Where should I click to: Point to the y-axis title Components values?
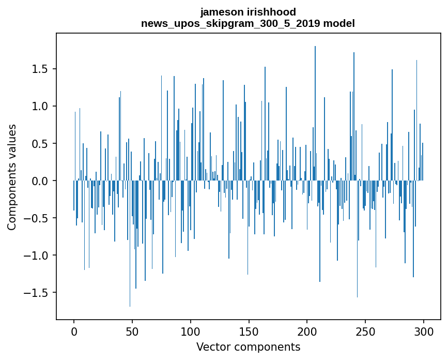click(12, 177)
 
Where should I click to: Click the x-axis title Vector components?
click(248, 347)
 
